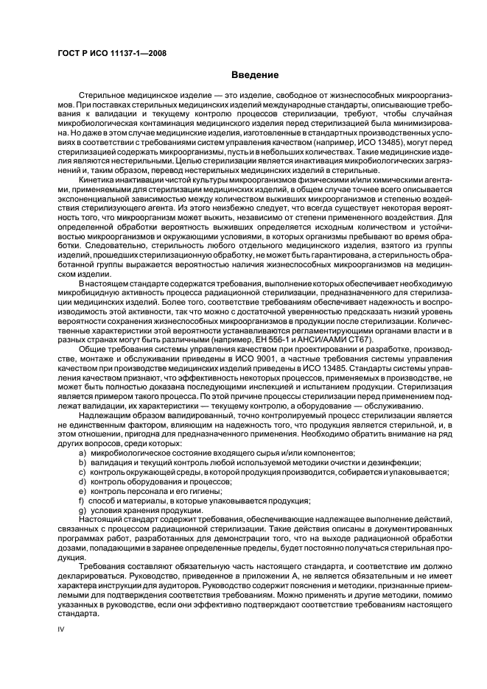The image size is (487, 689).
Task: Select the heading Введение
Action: pyautogui.click(x=254, y=75)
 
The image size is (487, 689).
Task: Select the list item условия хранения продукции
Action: pyautogui.click(x=136, y=530)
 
